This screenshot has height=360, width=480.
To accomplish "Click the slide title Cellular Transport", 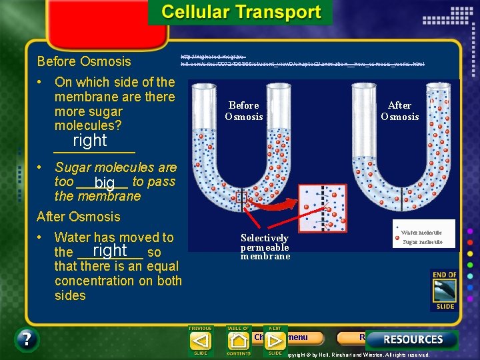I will point(241,13).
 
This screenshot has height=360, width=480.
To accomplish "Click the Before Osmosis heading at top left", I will point(84,61).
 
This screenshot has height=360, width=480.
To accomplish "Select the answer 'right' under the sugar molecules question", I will point(90,141).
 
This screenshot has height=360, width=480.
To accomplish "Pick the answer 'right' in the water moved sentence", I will point(110,251).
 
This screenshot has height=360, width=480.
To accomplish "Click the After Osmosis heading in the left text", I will point(79,217).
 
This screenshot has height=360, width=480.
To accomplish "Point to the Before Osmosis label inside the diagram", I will point(243,111).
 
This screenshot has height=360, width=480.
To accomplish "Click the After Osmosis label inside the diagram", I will point(399,111).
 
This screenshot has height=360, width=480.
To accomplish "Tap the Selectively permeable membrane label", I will point(265,247).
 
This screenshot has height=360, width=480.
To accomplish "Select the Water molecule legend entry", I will point(421,232).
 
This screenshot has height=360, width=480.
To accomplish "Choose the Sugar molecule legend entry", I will point(422,241).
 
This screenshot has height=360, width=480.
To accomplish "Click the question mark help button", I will point(26,340).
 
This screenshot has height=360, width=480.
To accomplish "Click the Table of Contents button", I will point(239,341).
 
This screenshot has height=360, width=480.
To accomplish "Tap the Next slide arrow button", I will point(275,341).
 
